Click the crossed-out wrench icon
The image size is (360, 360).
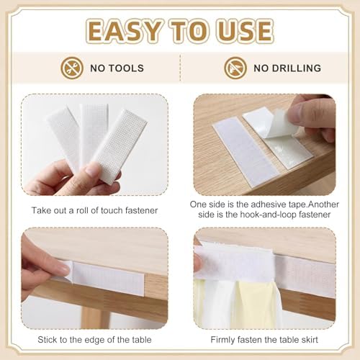72,68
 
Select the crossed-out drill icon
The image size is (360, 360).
235,68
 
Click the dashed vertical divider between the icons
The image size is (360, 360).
180,68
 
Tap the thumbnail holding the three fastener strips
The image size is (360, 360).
95,145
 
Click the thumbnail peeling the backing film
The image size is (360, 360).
265,145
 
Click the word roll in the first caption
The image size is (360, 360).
82,210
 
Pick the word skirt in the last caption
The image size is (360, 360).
309,340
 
